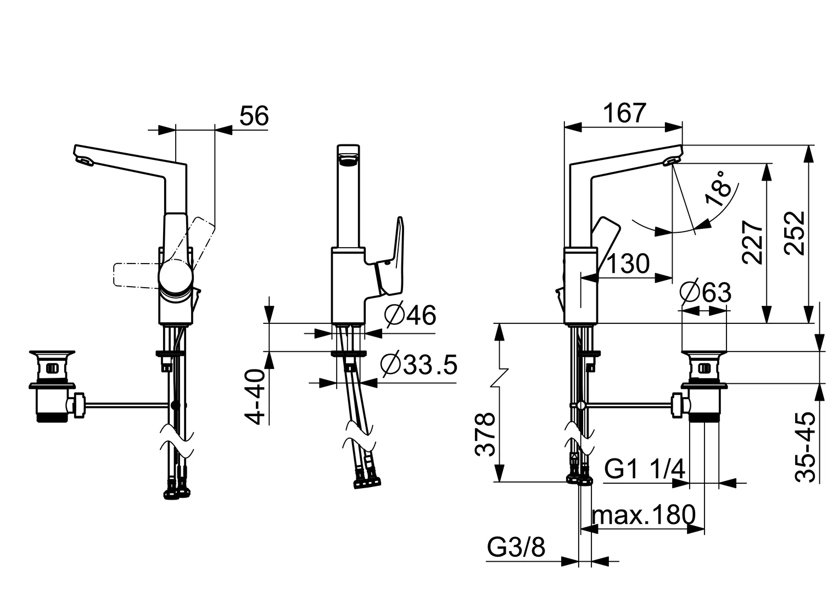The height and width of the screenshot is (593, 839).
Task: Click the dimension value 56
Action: point(254,116)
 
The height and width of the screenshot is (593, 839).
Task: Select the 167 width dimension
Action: point(624,113)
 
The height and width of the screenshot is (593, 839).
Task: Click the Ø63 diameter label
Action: point(705,292)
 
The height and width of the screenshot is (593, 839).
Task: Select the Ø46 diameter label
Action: point(410,316)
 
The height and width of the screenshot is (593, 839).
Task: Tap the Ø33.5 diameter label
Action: point(419,364)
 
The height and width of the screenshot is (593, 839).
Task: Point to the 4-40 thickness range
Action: point(255,396)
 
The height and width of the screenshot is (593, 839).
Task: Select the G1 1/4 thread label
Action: point(645,469)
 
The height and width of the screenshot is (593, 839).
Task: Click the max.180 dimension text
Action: point(644,516)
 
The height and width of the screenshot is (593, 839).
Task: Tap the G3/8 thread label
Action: point(516,547)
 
